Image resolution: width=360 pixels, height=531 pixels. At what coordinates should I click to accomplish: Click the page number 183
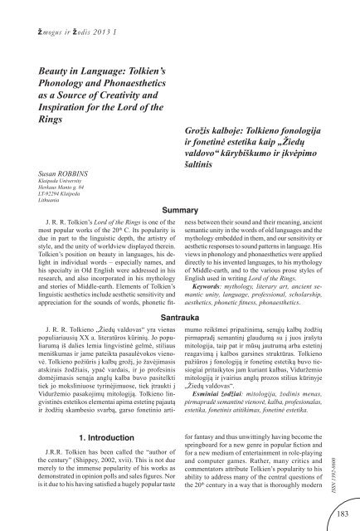(x=340, y=516)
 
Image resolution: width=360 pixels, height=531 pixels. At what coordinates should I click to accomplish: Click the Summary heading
(x=179, y=211)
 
